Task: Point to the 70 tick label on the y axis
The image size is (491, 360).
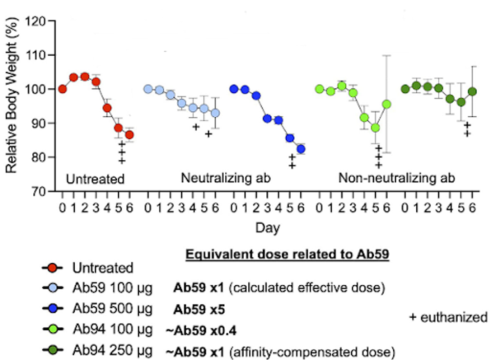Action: pyautogui.click(x=39, y=191)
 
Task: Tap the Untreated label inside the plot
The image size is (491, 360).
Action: pyautogui.click(x=95, y=179)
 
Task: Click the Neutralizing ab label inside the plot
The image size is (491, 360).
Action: pyautogui.click(x=226, y=178)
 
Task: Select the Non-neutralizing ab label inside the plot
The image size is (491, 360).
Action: pyautogui.click(x=397, y=178)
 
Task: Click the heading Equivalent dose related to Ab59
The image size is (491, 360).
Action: pyautogui.click(x=287, y=255)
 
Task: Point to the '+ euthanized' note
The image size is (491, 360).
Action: pyautogui.click(x=449, y=317)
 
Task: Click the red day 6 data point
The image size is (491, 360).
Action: pyautogui.click(x=130, y=135)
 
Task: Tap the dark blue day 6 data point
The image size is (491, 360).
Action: pyautogui.click(x=301, y=149)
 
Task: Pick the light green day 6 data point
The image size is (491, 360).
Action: pyautogui.click(x=387, y=104)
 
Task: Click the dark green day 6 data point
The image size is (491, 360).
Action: pyautogui.click(x=473, y=92)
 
